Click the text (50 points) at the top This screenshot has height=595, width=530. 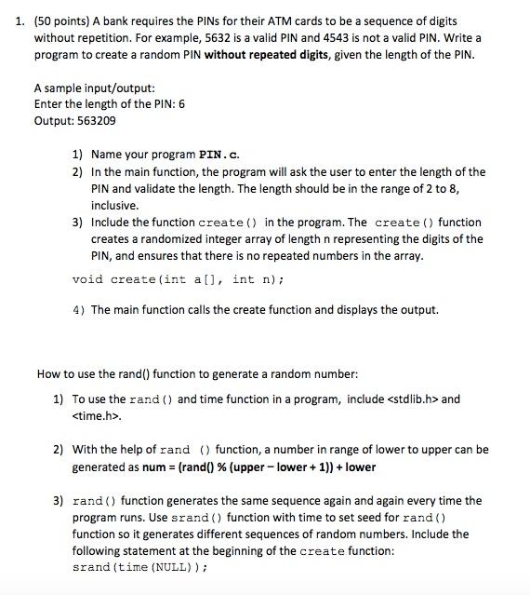pos(62,20)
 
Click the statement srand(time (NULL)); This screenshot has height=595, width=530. pos(139,567)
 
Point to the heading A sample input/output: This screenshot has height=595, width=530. pos(88,88)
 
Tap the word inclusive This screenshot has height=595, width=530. pos(115,205)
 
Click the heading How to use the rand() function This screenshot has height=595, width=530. pos(197,374)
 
